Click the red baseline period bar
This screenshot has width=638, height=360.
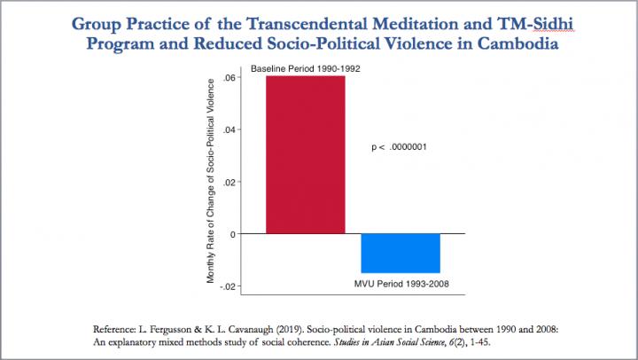[x=306, y=154]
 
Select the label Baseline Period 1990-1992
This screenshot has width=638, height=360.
[x=305, y=69]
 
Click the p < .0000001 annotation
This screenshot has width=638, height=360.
[x=400, y=147]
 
